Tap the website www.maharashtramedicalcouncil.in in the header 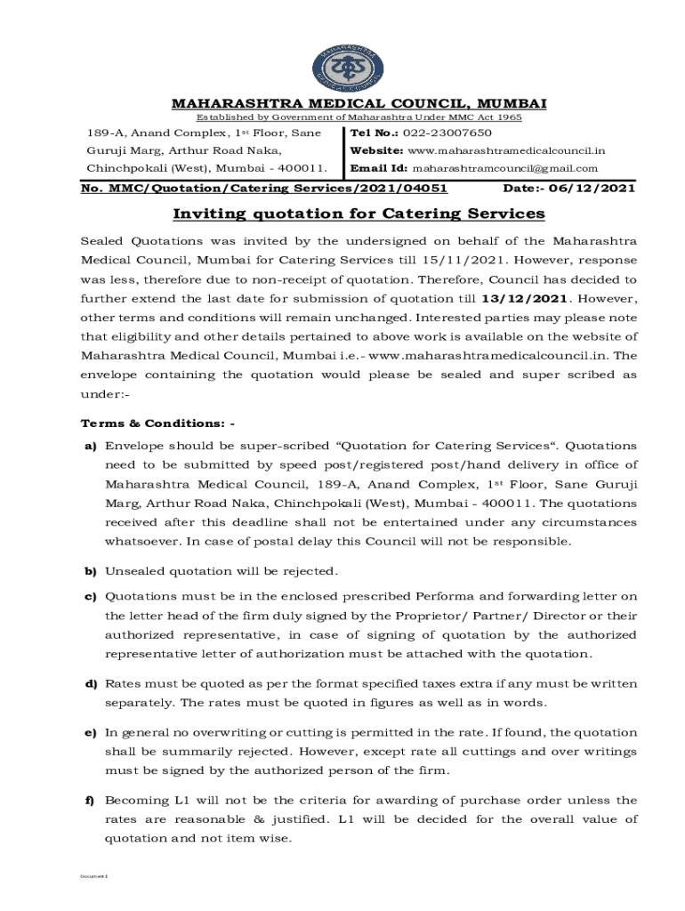pos(505,150)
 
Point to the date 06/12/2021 pos(595,189)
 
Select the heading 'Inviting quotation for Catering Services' pos(359,214)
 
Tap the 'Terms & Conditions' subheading pos(157,423)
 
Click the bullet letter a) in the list pos(90,445)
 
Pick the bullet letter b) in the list pos(90,570)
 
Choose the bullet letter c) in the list pos(90,596)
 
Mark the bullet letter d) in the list pos(90,683)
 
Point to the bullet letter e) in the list pos(90,733)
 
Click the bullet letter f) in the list pos(90,800)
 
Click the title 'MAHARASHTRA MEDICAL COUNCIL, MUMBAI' pos(359,104)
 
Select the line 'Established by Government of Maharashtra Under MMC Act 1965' pos(359,117)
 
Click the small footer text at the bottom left pos(93,876)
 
